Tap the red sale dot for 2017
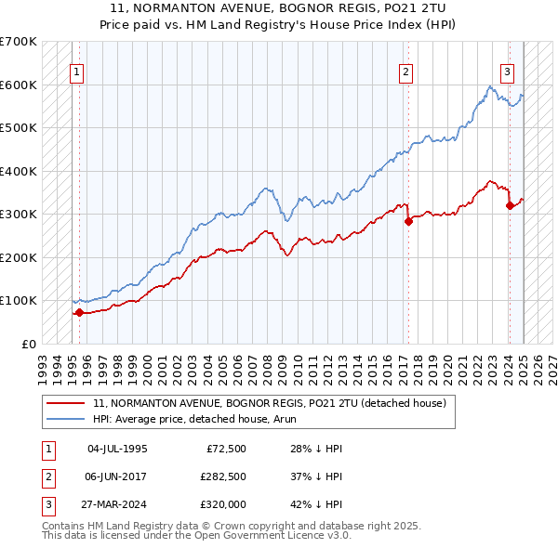408,221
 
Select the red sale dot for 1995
79,312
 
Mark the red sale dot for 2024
510,205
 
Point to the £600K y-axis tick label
19,85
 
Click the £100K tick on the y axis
19,300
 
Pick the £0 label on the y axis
28,344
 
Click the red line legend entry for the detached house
270,403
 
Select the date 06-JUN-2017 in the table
117,476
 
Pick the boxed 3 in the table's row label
47,504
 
